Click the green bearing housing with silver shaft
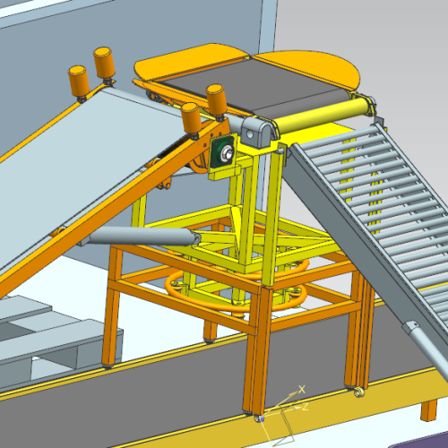224,153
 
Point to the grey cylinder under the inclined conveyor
141,236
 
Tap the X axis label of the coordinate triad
302,389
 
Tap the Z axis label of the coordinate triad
305,406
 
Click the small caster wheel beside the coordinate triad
259,418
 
